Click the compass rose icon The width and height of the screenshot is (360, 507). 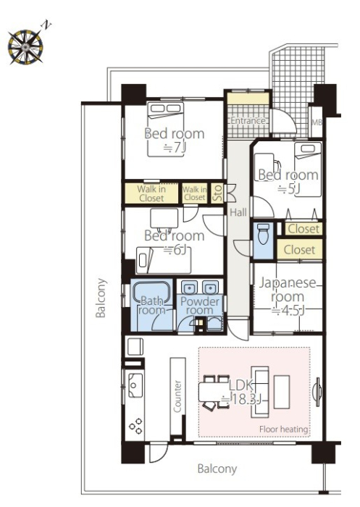[x=25, y=46]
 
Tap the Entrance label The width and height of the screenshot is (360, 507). [x=248, y=121]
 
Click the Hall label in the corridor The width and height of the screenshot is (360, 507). [x=238, y=212]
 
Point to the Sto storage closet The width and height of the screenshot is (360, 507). [x=217, y=193]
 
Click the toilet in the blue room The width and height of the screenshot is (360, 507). [x=263, y=233]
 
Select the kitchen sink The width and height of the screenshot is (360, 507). [x=135, y=385]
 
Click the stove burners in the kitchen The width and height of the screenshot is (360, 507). [x=135, y=426]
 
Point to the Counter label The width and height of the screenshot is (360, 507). [x=177, y=396]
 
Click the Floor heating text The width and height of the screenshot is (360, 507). [x=283, y=429]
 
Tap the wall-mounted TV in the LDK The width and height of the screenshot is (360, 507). [x=317, y=392]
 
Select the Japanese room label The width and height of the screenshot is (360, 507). [x=288, y=290]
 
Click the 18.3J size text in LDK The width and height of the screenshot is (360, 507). [x=240, y=400]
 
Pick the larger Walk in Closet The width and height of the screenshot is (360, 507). [x=151, y=193]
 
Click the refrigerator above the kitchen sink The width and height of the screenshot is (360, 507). [x=135, y=347]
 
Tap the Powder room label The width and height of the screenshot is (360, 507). [x=200, y=306]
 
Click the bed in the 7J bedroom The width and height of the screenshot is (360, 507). [x=166, y=130]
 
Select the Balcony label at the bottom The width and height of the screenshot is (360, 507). [x=217, y=469]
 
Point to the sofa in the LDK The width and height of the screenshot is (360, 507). [x=260, y=392]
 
